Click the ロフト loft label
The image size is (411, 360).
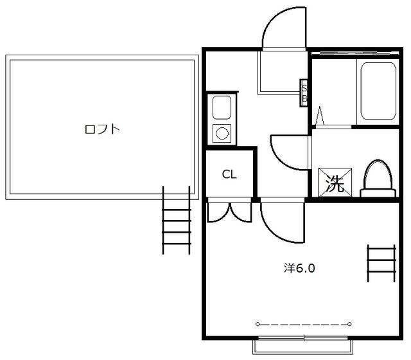coord(102,129)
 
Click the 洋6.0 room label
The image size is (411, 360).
coord(299,267)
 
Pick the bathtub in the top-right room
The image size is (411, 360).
coord(377,90)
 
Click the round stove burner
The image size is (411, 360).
coord(222,133)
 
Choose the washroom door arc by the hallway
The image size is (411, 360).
coord(287,150)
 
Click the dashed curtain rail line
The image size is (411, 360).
coord(304,324)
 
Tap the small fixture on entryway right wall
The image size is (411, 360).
coord(304,92)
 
